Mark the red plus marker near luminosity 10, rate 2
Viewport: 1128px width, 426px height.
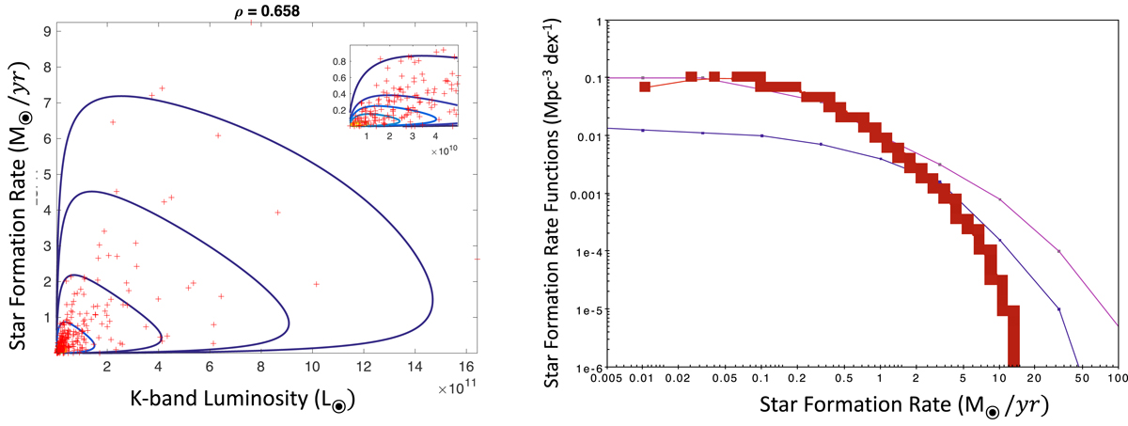point(316,283)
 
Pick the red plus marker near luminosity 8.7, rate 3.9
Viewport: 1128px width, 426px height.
point(278,213)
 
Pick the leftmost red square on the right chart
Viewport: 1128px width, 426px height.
point(645,87)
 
